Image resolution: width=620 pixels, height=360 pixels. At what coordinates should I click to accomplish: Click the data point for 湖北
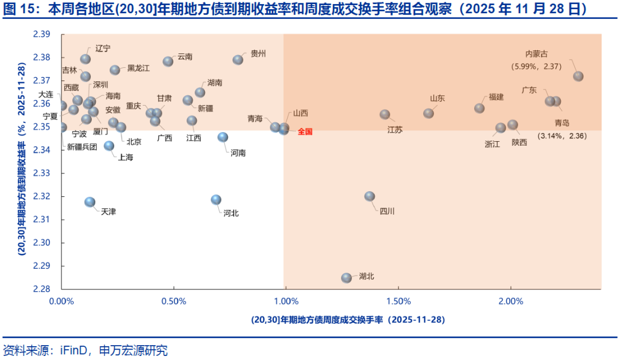[x=347, y=278]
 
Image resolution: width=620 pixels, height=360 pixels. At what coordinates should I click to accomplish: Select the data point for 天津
[x=90, y=202]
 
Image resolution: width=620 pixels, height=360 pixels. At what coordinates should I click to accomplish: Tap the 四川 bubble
[x=370, y=196]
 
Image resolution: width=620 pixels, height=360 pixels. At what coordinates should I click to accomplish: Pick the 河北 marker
[x=216, y=200]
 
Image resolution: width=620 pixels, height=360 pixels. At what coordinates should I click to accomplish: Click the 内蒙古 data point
[x=579, y=76]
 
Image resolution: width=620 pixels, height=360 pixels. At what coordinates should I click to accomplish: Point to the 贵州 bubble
[x=238, y=60]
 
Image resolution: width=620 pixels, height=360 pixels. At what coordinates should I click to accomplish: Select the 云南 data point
[x=168, y=61]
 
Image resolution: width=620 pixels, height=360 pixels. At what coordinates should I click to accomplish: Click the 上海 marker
[x=109, y=146]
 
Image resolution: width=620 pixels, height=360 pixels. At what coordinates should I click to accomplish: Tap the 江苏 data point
[x=385, y=114]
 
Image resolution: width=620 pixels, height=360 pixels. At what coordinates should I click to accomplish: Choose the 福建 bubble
[x=479, y=108]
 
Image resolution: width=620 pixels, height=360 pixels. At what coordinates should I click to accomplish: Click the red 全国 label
[x=305, y=131]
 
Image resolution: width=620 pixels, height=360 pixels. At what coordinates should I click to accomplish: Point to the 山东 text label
[x=437, y=98]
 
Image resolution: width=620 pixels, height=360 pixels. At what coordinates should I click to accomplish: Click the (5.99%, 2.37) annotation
[x=536, y=66]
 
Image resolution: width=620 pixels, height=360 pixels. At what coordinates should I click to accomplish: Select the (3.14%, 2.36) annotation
[x=561, y=136]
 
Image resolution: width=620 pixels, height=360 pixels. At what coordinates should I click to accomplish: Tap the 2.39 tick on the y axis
[x=49, y=34]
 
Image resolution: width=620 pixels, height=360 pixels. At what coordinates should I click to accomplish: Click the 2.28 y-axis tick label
[x=49, y=289]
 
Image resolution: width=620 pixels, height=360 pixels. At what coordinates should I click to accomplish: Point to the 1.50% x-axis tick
[x=398, y=301]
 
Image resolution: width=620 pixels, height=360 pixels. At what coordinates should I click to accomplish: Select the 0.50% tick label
[x=174, y=301]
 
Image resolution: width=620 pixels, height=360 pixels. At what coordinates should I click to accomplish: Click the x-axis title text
[x=348, y=319]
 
